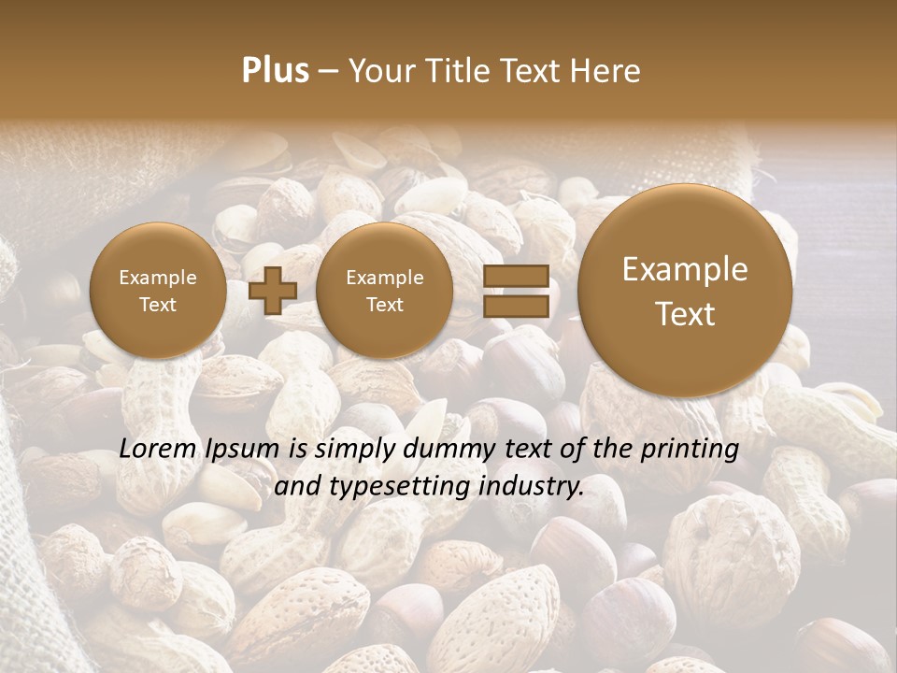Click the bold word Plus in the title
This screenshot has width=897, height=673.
coord(275,71)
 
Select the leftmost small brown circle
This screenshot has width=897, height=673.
coord(158,291)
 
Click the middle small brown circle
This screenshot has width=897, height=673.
coord(384,291)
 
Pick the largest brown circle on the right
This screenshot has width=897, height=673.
coord(685,291)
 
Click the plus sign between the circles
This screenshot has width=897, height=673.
coord(272,291)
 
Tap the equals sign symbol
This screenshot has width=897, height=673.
coord(516,291)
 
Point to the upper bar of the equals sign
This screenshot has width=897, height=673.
coord(516,276)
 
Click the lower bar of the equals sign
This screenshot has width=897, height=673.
coord(516,307)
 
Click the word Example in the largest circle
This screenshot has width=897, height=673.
coord(685,269)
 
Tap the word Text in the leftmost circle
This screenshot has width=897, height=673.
coord(158,305)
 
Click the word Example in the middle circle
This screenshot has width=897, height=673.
coord(384,278)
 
